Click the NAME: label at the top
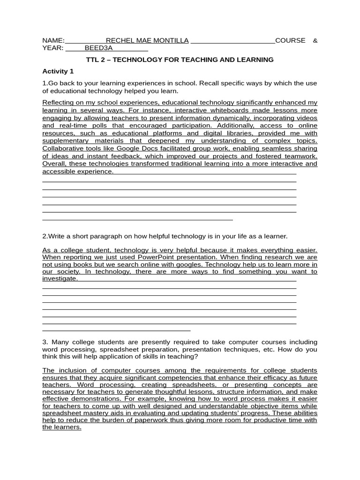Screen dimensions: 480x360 53,41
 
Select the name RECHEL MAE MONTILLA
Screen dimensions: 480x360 147,41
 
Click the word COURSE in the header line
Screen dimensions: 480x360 290,41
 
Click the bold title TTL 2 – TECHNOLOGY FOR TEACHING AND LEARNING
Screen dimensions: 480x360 180,60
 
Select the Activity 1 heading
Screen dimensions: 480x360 58,71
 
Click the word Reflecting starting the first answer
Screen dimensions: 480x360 58,102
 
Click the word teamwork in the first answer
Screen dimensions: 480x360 300,156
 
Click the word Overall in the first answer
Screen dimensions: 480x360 54,164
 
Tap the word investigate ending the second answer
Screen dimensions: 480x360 60,278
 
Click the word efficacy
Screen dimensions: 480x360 254,378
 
